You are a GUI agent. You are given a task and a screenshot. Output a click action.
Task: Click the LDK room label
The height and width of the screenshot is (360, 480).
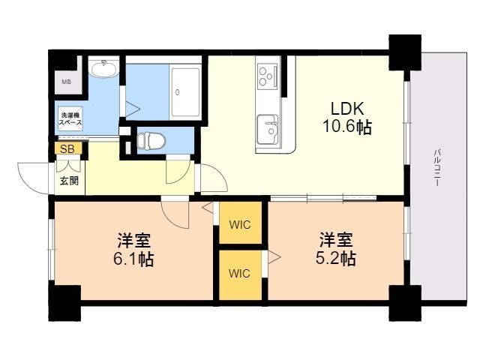(x=347, y=108)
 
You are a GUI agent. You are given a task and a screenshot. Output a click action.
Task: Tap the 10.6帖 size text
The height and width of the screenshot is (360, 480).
(x=347, y=127)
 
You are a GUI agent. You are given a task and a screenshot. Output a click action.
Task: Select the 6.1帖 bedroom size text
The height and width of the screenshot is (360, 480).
(x=133, y=259)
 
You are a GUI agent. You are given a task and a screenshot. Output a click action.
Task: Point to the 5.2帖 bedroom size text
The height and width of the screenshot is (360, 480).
(x=336, y=258)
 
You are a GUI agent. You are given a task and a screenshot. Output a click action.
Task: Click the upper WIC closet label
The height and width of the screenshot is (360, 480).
(x=240, y=225)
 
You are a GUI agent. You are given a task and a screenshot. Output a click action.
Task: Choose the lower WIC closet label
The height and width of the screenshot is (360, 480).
(x=239, y=273)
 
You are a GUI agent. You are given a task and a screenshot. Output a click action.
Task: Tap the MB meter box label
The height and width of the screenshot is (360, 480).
(x=67, y=82)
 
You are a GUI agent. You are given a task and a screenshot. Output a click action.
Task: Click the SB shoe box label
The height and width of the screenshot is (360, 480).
(x=67, y=149)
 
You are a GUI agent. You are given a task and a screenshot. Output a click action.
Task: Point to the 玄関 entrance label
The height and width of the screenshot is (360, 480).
(x=69, y=181)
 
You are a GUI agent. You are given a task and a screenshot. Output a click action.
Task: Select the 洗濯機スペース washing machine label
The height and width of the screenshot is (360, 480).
(x=70, y=118)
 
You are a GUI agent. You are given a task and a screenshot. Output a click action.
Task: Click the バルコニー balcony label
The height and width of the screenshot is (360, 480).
(x=437, y=167)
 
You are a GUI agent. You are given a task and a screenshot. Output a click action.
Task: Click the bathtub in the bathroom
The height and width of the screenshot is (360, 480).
(x=185, y=92)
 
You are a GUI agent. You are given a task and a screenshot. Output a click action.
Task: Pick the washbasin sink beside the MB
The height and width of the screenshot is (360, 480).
(x=103, y=69)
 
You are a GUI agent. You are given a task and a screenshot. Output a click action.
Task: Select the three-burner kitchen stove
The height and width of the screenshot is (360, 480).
(x=267, y=75)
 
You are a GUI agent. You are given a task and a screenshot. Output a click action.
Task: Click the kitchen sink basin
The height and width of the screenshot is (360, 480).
(x=268, y=129)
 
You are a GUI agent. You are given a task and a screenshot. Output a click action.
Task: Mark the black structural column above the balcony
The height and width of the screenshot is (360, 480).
(x=405, y=52)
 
